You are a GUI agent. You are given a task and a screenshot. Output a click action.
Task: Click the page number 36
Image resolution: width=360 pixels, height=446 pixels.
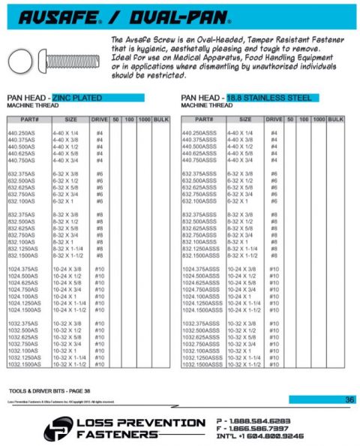coord(349,399)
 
